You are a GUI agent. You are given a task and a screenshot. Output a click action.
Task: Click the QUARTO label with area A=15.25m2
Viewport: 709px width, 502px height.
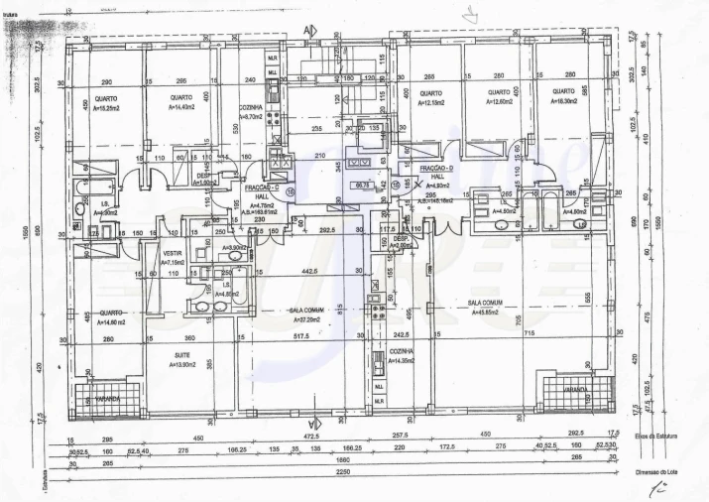106,98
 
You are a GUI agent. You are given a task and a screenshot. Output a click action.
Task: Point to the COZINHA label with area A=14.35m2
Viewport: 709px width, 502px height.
401,352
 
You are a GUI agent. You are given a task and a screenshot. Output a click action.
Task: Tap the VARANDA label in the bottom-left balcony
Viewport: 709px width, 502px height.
108,399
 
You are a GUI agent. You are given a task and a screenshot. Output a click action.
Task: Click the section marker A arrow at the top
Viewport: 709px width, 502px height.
310,30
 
